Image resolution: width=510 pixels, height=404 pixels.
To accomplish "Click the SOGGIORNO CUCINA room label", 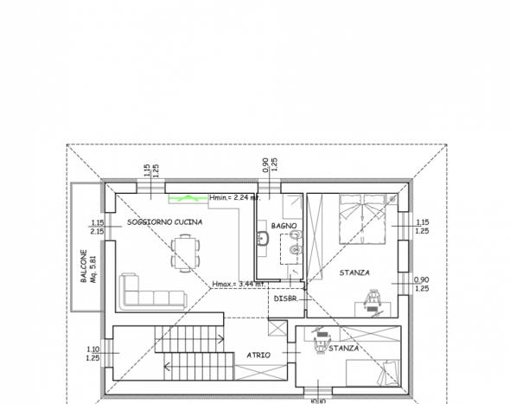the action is (164, 222).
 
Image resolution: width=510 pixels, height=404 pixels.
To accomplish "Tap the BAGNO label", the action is (284, 226).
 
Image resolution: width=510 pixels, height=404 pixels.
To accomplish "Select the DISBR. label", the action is (286, 298).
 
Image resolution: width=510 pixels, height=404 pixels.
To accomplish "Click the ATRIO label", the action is (258, 355).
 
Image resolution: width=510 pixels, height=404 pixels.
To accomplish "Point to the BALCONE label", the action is (84, 266).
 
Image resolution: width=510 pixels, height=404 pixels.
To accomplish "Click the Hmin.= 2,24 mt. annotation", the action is (235, 197).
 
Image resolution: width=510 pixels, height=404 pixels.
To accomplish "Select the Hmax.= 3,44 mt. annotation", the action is (239, 284).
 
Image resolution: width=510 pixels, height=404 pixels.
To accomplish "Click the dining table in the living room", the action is (185, 253).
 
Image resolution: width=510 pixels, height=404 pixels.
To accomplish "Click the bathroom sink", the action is (263, 238).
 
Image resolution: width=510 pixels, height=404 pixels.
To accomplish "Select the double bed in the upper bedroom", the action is (362, 219).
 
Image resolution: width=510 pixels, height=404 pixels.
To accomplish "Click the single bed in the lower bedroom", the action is (373, 373).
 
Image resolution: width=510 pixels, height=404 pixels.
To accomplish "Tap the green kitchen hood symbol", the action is (188, 197).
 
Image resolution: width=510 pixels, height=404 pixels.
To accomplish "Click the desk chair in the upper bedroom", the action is (372, 297).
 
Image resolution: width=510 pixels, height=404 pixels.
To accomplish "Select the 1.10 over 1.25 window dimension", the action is (93, 354).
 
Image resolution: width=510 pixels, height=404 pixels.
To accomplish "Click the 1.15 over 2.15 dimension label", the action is (98, 227).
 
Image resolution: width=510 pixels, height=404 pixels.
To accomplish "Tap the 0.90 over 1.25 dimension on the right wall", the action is (422, 284).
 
